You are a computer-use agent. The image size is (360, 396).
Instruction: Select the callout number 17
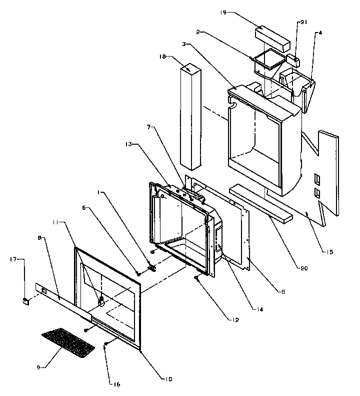(x=13, y=259)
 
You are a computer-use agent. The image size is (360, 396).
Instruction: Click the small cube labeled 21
(x=295, y=61)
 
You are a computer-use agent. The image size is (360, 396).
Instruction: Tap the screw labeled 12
(x=198, y=281)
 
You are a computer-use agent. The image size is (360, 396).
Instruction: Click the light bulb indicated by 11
(x=101, y=301)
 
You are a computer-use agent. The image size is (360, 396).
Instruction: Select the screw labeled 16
(x=106, y=345)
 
